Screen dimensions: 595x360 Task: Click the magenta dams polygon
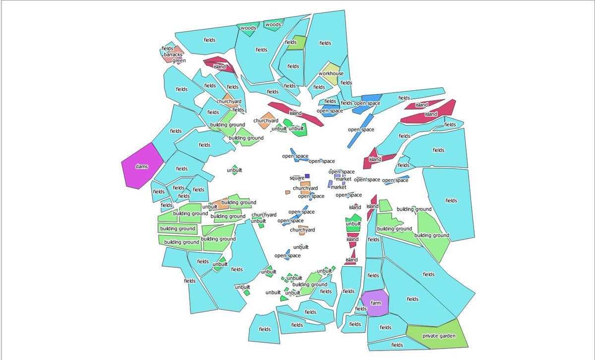pyautogui.click(x=142, y=166)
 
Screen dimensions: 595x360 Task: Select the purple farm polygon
pyautogui.click(x=375, y=303)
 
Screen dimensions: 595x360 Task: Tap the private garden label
pyautogui.click(x=439, y=336)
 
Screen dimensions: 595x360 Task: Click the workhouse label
pyautogui.click(x=331, y=73)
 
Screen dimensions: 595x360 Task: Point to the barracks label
pyautogui.click(x=173, y=55)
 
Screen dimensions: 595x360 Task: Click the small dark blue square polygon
pyautogui.click(x=307, y=176)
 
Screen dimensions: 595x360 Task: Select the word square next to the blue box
pyautogui.click(x=297, y=178)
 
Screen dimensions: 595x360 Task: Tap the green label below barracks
pyautogui.click(x=179, y=60)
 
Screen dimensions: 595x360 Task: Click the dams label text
pyautogui.click(x=142, y=166)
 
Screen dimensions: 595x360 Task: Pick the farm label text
pyautogui.click(x=376, y=303)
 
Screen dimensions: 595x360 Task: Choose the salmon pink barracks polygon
pyautogui.click(x=172, y=55)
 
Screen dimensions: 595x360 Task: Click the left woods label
pyautogui.click(x=248, y=28)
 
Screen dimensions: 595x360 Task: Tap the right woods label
pyautogui.click(x=273, y=25)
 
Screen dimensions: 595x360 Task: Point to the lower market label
pyautogui.click(x=338, y=187)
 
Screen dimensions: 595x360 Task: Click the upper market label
pyautogui.click(x=344, y=179)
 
